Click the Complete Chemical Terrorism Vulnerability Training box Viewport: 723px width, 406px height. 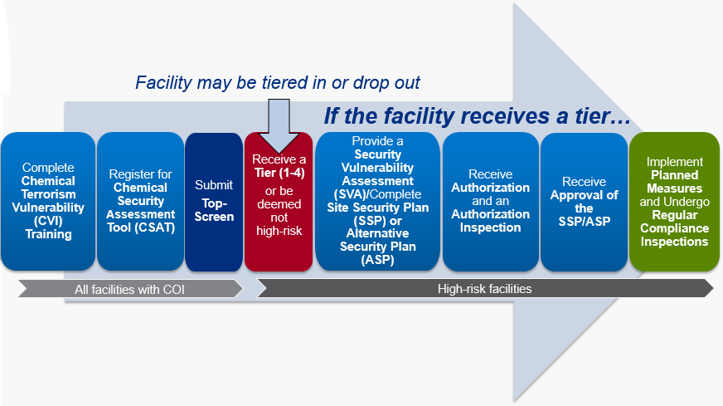point(48,202)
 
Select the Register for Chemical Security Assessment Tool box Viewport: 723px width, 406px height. point(140,202)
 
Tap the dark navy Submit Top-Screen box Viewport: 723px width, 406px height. point(214,202)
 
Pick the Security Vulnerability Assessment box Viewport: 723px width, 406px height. point(377,202)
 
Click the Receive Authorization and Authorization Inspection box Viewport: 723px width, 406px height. point(491,202)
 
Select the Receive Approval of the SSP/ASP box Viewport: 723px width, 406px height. point(585,202)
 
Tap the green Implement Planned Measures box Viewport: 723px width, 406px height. point(675,202)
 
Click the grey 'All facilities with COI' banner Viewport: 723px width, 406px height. point(130,289)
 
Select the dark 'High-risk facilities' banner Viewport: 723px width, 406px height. point(485,289)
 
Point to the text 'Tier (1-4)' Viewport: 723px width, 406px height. point(279,173)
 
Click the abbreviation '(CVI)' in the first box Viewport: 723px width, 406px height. point(48,221)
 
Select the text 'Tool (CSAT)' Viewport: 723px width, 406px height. point(141,227)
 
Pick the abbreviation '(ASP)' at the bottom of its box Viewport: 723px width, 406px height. point(377,260)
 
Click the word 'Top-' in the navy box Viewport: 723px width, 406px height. point(215,203)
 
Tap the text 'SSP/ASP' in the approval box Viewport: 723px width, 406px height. point(585,221)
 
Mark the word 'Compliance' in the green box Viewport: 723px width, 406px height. point(675,228)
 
